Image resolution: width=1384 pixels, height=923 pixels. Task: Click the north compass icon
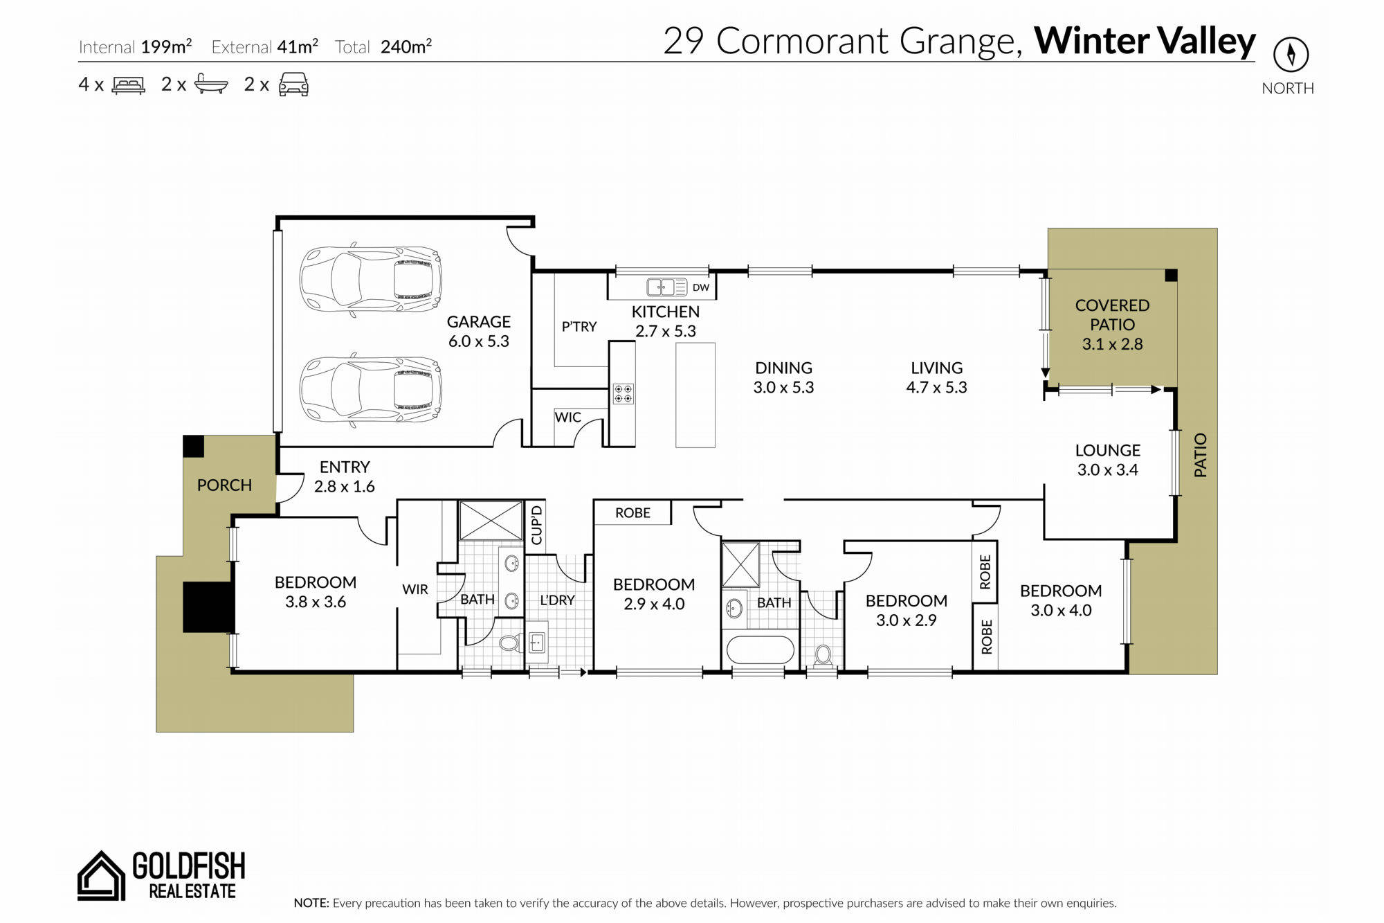click(1291, 53)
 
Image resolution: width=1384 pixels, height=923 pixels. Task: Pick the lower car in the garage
click(370, 389)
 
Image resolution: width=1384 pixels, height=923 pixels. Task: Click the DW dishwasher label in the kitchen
click(701, 287)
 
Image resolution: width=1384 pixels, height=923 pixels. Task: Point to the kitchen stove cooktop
click(623, 393)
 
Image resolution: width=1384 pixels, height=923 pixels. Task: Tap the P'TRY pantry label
click(579, 326)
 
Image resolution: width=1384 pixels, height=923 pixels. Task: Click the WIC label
click(567, 418)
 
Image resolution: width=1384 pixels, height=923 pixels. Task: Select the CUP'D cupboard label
click(536, 525)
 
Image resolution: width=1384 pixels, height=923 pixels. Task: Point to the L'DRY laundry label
click(557, 600)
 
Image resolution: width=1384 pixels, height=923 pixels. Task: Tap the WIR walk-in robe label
click(415, 589)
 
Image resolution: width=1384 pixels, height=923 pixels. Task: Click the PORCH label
click(224, 485)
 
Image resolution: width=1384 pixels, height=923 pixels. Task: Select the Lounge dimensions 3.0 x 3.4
click(1107, 469)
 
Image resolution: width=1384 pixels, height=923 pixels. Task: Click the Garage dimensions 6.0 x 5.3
click(478, 341)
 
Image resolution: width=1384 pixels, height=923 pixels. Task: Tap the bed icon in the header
click(129, 84)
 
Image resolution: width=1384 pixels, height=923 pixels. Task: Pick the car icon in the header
click(293, 84)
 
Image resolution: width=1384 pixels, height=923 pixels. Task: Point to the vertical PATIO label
click(1200, 455)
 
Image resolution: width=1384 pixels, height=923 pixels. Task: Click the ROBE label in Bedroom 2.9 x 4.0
click(632, 513)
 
